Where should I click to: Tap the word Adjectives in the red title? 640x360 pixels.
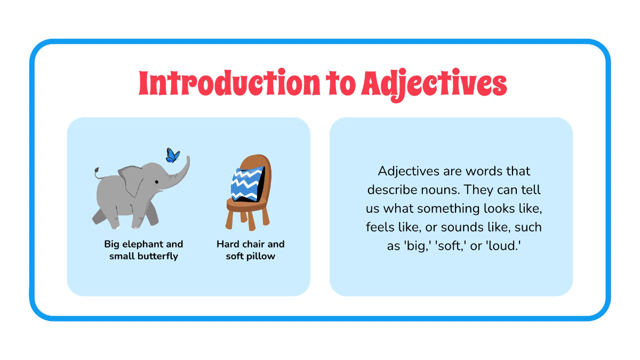(x=434, y=84)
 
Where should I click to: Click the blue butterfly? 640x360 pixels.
(x=173, y=155)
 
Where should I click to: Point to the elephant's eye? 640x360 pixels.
(x=157, y=182)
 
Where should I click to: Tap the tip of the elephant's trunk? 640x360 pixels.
(x=187, y=158)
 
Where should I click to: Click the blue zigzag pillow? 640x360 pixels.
(x=247, y=184)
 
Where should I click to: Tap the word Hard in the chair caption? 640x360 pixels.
(x=228, y=244)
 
